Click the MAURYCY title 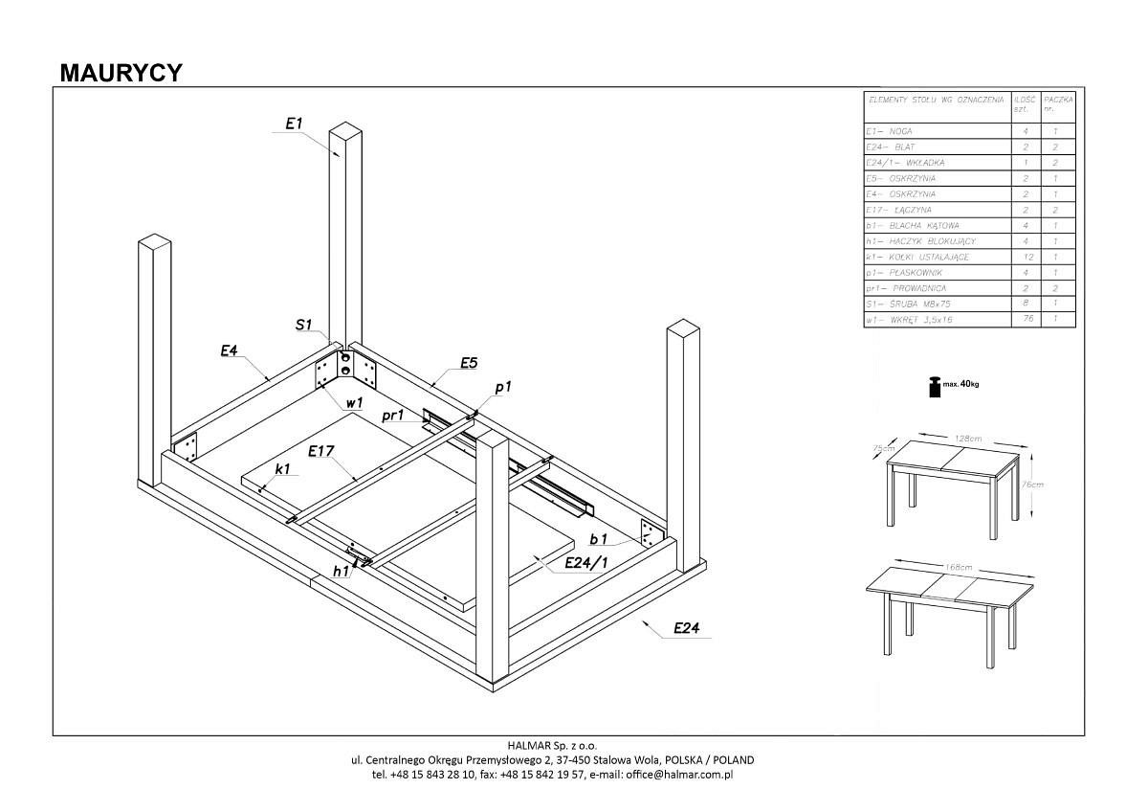pos(121,73)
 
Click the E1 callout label pos(294,124)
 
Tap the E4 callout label pos(229,351)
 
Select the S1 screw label pos(303,326)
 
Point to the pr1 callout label pos(392,416)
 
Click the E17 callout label pos(320,449)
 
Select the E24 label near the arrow pos(687,628)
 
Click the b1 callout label pos(599,540)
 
